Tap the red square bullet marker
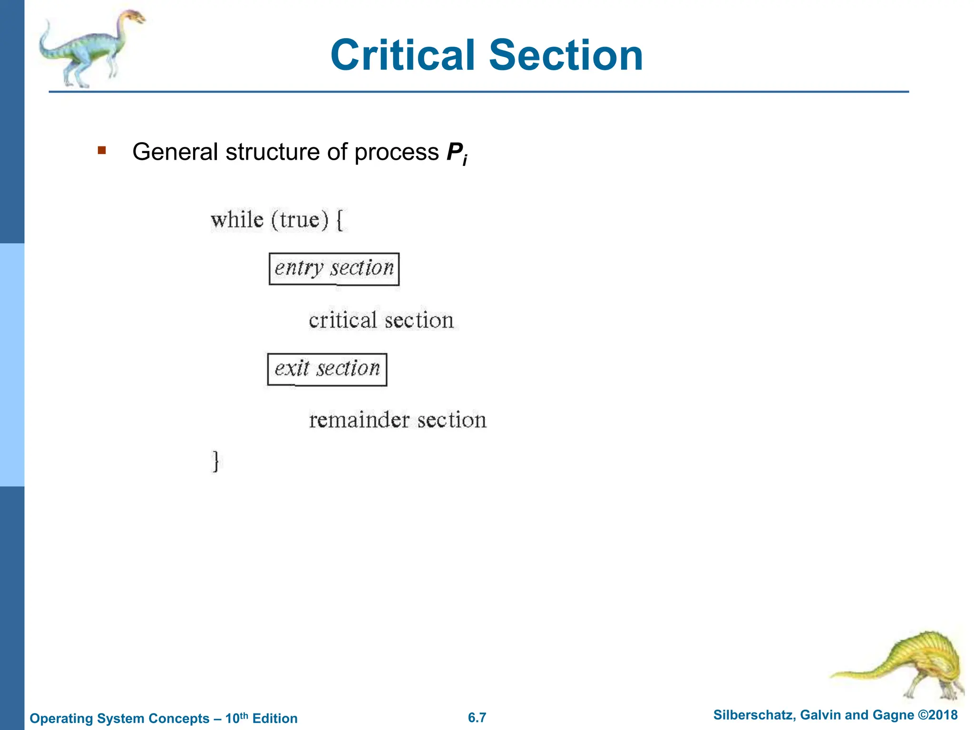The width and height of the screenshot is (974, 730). tap(101, 151)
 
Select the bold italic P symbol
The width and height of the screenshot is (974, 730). tap(454, 152)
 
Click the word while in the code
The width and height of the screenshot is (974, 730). tap(237, 220)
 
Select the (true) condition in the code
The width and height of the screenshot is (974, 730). tap(300, 220)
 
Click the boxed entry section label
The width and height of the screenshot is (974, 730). tap(334, 269)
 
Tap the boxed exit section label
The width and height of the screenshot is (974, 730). tap(327, 369)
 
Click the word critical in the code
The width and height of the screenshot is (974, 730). tap(342, 320)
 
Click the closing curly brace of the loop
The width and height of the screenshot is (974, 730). tap(215, 461)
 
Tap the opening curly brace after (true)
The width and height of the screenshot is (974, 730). tap(340, 220)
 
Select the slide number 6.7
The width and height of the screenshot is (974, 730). tap(477, 718)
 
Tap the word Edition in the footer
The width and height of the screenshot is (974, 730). tap(275, 719)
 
